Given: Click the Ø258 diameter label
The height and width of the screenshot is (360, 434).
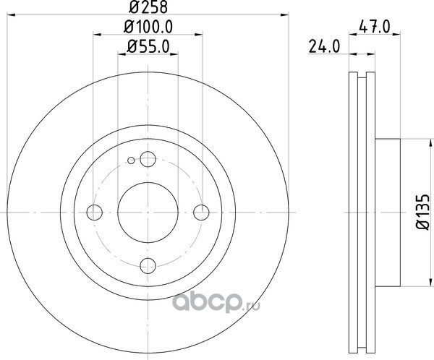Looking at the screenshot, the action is pos(148,7).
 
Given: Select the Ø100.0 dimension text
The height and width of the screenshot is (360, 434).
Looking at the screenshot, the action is pos(148,27).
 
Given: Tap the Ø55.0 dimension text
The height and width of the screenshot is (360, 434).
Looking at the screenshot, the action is pos(148,46).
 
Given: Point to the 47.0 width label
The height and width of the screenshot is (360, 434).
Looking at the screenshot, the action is pos(375,27).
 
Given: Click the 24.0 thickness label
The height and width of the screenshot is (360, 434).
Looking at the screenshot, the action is pos(324,46).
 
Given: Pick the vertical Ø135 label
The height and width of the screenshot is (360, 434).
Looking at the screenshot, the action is pos(422,212).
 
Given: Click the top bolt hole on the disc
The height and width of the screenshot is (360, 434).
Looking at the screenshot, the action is pos(148,159).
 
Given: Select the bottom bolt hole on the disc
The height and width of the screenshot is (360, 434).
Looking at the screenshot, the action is pos(148,265).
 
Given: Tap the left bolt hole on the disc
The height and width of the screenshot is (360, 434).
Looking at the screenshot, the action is pos(94,213).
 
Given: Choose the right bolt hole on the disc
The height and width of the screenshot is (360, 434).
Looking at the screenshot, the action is pos(201,213).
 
